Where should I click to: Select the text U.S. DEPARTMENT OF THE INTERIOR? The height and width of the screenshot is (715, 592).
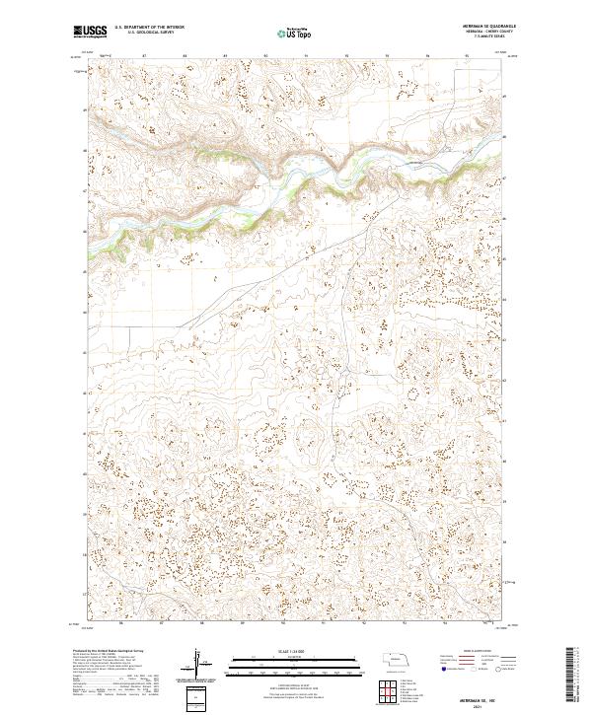click(147, 29)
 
